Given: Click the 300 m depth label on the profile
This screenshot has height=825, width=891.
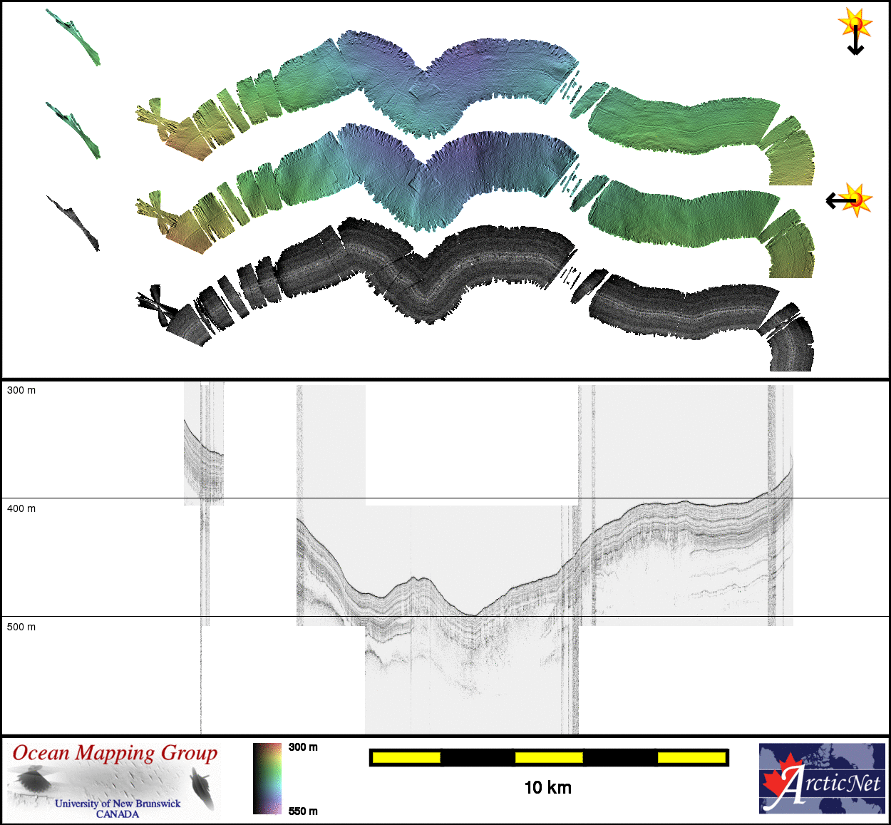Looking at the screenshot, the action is (21, 390).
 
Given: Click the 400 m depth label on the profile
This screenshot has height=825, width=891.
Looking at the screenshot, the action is (21, 508).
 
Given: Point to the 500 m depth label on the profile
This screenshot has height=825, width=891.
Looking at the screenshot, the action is (21, 627).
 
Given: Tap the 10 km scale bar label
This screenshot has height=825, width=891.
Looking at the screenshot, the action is (548, 788).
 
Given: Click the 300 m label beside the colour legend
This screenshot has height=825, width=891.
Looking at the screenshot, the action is (303, 747).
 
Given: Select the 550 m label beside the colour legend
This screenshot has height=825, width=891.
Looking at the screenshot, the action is (303, 811).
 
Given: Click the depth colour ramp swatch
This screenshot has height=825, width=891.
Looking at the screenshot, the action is (267, 779).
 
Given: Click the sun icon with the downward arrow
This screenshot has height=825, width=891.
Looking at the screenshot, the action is (855, 31).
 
